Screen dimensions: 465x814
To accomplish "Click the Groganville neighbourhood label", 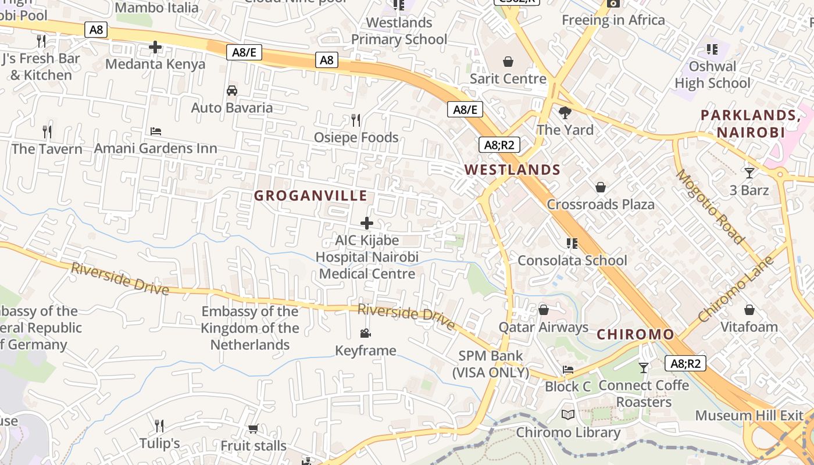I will pos(310,196).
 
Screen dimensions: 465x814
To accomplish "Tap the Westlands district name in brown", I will pos(512,170).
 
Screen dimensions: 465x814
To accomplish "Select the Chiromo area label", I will pos(636,335).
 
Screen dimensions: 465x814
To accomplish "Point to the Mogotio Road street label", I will pos(710,206).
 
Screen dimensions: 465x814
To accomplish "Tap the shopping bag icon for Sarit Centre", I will pos(508,62).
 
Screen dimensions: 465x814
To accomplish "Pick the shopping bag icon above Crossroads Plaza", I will pos(601,187).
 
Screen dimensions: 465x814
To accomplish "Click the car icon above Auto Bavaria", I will pos(232,91).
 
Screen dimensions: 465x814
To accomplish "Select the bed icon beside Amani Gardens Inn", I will pos(156,131).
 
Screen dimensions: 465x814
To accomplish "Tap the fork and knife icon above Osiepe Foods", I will pos(356,120).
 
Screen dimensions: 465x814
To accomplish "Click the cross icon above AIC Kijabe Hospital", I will pos(367,223).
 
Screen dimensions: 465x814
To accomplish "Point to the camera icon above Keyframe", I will pos(365,334).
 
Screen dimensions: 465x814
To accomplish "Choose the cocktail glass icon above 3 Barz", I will pos(749,173).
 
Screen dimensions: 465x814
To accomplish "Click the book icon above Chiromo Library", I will pos(568,415).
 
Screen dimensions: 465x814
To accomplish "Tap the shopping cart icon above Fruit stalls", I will pos(253,429).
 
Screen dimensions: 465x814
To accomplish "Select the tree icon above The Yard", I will pos(565,112).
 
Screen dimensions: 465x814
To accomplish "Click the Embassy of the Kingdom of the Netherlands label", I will pos(250,328).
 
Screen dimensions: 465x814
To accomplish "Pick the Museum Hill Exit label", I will pos(749,416).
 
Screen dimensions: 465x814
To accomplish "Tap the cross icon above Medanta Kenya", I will pos(155,47).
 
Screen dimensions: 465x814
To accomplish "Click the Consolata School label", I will pos(572,260).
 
